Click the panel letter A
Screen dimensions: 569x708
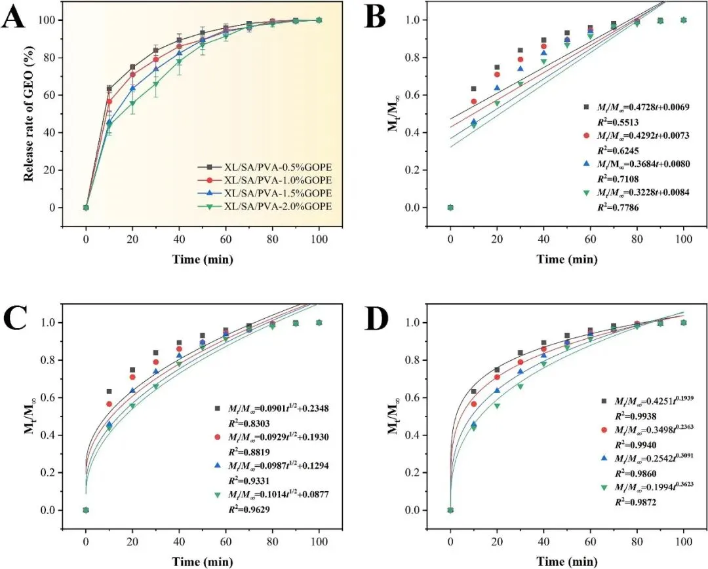click(14, 18)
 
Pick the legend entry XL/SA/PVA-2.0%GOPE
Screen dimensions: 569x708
click(275, 205)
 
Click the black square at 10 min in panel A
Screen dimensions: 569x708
click(109, 88)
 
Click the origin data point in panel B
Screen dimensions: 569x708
click(450, 208)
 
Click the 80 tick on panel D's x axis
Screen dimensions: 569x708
click(637, 544)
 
